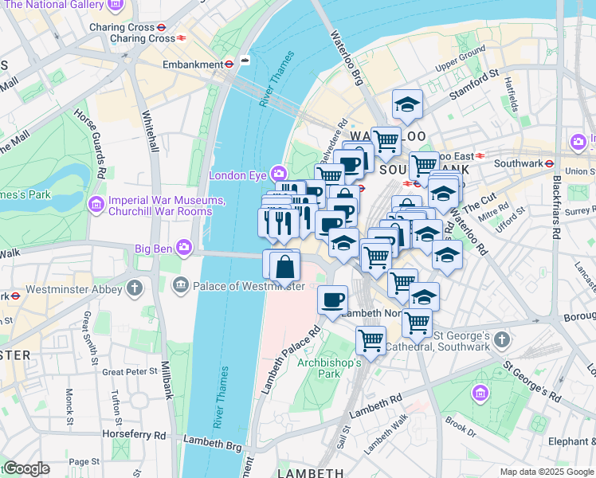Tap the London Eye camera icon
pyautogui.click(x=279, y=173)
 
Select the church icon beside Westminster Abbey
pyautogui.click(x=135, y=286)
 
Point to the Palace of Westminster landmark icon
pyautogui.click(x=181, y=284)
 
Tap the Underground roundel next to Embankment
pyautogui.click(x=229, y=64)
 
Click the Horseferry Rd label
pyautogui.click(x=134, y=435)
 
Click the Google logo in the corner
pyautogui.click(x=25, y=468)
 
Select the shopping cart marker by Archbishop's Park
pyautogui.click(x=371, y=340)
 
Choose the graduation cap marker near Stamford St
pyautogui.click(x=407, y=104)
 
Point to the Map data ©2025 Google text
pyautogui.click(x=546, y=472)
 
